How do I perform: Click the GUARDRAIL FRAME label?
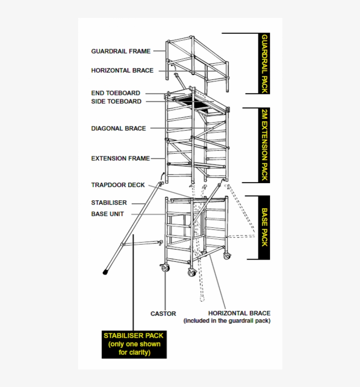tap(121, 51)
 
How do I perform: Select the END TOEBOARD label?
tap(116, 93)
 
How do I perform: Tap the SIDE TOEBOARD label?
tap(116, 101)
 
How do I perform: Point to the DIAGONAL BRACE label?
tap(119, 128)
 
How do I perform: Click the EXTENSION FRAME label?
tap(120, 158)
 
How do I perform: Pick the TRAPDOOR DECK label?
tap(118, 185)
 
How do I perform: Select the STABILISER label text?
tap(109, 203)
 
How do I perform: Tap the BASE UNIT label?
tap(108, 214)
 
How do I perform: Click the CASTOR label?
tap(163, 314)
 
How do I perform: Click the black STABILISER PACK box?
tap(134, 344)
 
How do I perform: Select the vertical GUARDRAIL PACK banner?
tap(264, 63)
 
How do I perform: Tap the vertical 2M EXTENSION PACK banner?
tap(264, 145)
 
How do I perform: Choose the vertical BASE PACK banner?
tap(264, 227)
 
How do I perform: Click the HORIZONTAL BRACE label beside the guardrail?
tap(122, 70)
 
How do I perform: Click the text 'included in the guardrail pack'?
tap(227, 321)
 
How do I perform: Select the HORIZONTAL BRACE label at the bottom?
tap(239, 313)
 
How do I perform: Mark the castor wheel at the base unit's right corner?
tap(227, 256)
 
